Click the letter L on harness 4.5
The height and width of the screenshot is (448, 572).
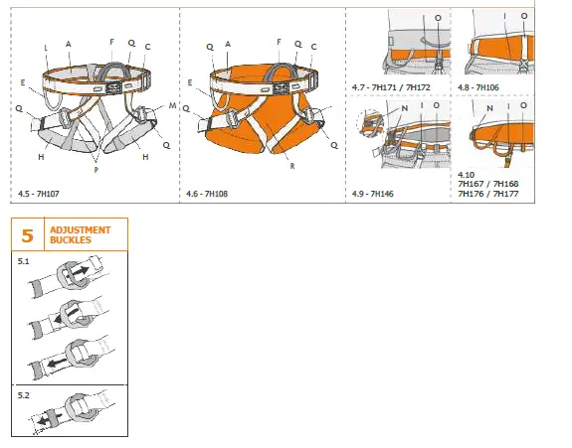pyautogui.click(x=46, y=48)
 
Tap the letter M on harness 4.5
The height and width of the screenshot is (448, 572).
pyautogui.click(x=172, y=104)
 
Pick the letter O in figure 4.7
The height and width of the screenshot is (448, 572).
pyautogui.click(x=437, y=19)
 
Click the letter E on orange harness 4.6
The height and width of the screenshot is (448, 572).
pyautogui.click(x=189, y=82)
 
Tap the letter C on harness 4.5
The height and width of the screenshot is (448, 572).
pyautogui.click(x=147, y=47)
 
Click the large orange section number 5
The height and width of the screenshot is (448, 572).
pyautogui.click(x=27, y=235)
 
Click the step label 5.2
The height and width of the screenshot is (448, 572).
pyautogui.click(x=24, y=394)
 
